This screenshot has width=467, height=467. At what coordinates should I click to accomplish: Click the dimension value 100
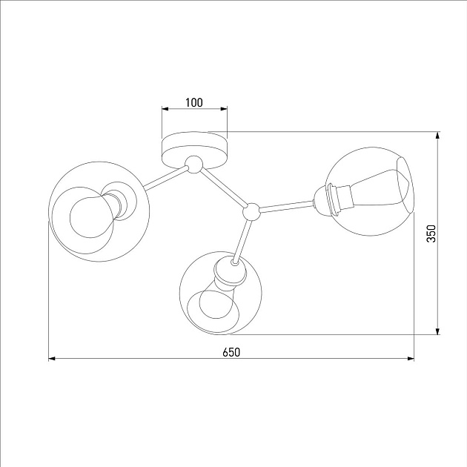(194, 102)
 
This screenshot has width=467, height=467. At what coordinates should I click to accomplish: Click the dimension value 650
(231, 352)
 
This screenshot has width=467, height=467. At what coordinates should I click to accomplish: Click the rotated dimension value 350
(431, 233)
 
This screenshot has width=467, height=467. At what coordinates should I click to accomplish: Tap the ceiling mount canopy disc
(194, 150)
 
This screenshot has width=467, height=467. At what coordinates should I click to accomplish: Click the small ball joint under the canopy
(194, 165)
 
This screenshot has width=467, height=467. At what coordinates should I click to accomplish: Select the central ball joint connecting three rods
(252, 211)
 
